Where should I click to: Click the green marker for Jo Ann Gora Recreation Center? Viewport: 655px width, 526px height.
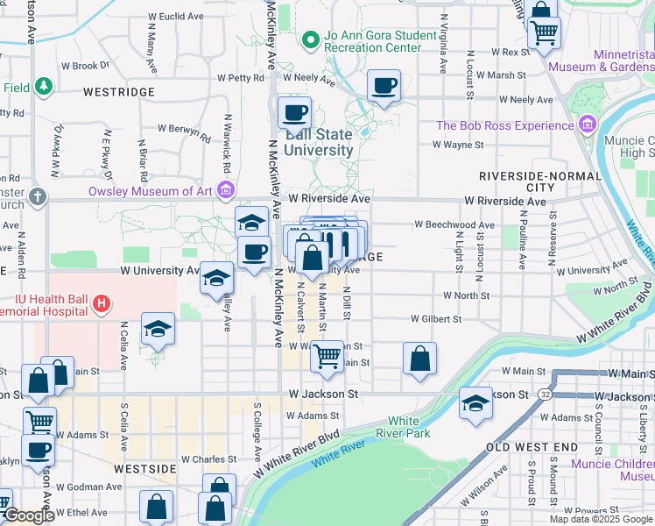point(309,39)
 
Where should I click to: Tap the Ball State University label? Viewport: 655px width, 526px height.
point(319,142)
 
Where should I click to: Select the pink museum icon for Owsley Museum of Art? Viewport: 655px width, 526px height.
point(227,190)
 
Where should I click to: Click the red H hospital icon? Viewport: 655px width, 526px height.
point(102,304)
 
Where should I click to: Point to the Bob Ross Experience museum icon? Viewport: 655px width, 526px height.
point(587,125)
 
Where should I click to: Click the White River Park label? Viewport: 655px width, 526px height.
point(408,427)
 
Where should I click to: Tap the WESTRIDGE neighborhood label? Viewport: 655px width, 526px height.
point(119,92)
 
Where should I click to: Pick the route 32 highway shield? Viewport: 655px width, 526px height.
point(545,394)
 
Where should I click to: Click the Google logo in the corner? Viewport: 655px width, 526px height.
point(29,515)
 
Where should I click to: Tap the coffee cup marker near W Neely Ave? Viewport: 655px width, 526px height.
point(384,86)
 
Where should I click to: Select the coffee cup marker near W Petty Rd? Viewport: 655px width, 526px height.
point(294,113)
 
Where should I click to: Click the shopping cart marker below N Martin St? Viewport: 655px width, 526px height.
point(327,356)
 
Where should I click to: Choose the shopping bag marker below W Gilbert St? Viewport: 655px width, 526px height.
point(420,358)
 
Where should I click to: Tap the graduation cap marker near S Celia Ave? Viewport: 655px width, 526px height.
point(158,329)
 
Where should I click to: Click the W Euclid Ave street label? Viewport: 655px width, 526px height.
point(176,17)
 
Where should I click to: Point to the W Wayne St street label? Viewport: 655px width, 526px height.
point(460,146)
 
